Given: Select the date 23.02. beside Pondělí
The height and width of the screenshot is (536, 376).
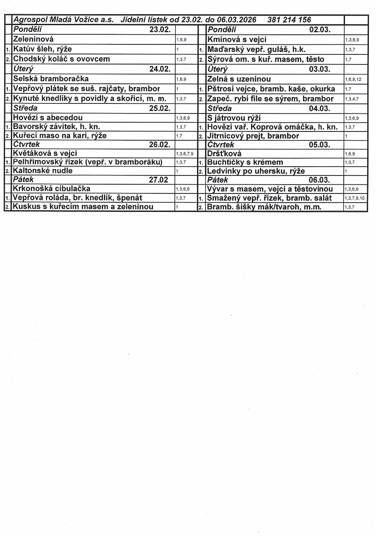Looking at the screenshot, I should tap(160, 30).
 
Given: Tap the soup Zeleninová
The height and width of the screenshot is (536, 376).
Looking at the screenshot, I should tap(34, 39).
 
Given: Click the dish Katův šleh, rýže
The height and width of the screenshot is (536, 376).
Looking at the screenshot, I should tap(42, 49).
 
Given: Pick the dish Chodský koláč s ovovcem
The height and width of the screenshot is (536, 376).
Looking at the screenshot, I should tap(61, 59).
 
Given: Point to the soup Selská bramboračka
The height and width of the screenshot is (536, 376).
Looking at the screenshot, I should tap(51, 79).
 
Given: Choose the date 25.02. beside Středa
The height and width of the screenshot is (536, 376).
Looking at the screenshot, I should tap(160, 108).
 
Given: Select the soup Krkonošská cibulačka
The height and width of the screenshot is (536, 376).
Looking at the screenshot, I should tap(52, 188).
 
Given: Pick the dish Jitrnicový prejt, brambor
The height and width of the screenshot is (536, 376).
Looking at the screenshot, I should tap(253, 136).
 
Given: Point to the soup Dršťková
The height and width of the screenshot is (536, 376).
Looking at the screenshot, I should tap(224, 154).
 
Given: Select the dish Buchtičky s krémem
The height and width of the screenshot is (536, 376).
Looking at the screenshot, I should tap(245, 162).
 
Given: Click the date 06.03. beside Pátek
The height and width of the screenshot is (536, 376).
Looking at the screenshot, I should tap(319, 180).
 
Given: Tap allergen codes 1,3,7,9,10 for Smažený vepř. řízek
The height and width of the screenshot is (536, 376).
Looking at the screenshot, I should tap(355, 198).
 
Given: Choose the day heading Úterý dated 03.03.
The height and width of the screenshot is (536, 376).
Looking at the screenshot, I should tap(218, 69).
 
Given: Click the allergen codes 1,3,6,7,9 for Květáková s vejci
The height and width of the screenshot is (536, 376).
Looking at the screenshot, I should tap(184, 154).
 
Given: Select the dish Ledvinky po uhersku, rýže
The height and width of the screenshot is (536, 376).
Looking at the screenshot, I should tap(256, 171).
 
